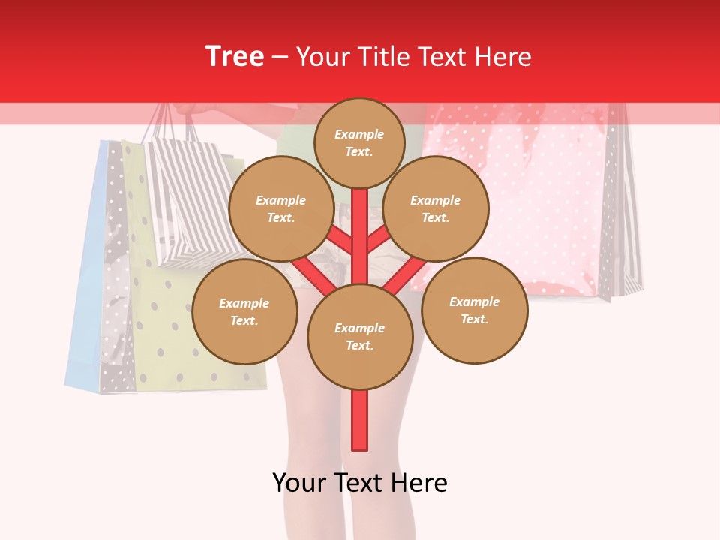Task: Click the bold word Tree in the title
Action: (x=235, y=57)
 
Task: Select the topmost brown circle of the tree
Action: (x=359, y=142)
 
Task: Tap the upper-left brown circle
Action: (x=281, y=208)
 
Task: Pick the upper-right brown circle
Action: (x=436, y=208)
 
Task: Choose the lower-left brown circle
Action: (x=244, y=311)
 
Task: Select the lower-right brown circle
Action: (x=474, y=310)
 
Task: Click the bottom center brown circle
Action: (x=360, y=336)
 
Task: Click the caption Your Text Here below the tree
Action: (x=360, y=483)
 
